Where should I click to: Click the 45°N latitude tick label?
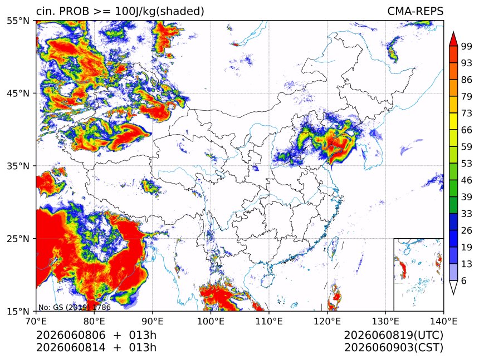pos(18,93)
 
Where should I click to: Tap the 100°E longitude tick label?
pos(211,321)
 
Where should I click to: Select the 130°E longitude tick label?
pos(385,321)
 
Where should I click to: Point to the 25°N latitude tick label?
pos(18,238)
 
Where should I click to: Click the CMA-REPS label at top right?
pos(415,11)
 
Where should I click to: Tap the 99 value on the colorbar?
pos(467,46)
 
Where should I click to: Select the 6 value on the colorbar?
pos(464,280)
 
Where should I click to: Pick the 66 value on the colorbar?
pos(467,130)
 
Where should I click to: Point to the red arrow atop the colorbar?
pos(453,39)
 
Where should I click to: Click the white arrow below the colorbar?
pos(453,288)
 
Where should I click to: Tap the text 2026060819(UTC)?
pos(394,335)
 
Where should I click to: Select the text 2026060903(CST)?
pos(394,348)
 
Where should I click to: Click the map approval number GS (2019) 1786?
pos(75,307)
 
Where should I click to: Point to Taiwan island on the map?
pos(333,246)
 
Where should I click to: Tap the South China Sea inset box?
pos(418,274)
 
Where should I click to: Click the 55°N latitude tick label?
pos(18,21)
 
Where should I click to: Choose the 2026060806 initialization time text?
pos(71,335)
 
